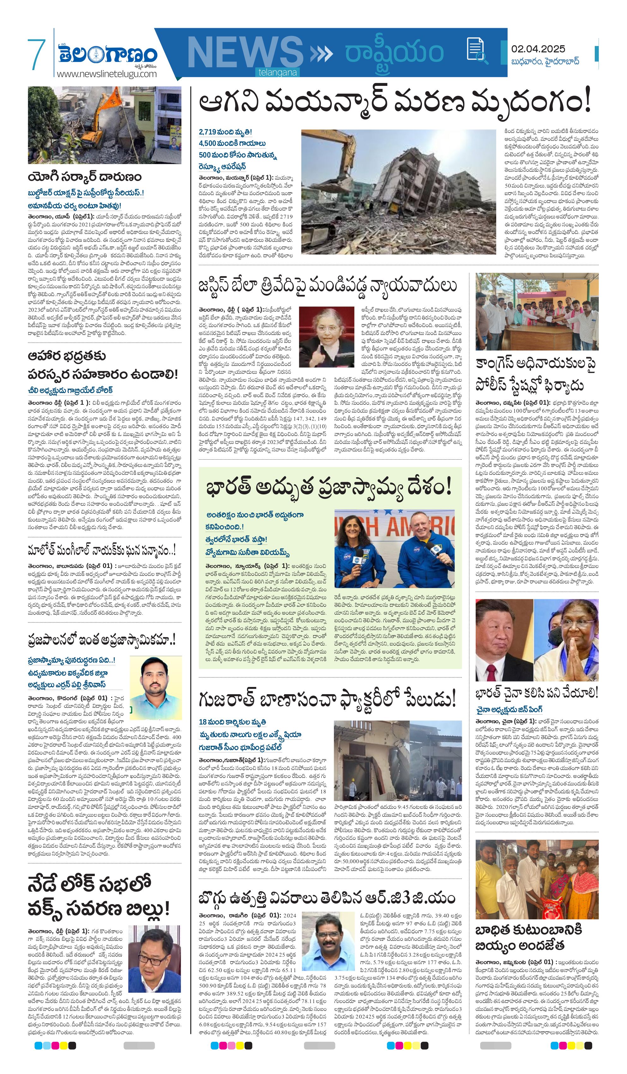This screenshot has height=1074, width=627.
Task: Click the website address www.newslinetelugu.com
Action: coord(107,74)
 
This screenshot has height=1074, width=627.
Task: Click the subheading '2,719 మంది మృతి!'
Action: coord(225,132)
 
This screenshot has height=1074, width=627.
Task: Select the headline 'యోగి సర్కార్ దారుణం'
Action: coord(84,177)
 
